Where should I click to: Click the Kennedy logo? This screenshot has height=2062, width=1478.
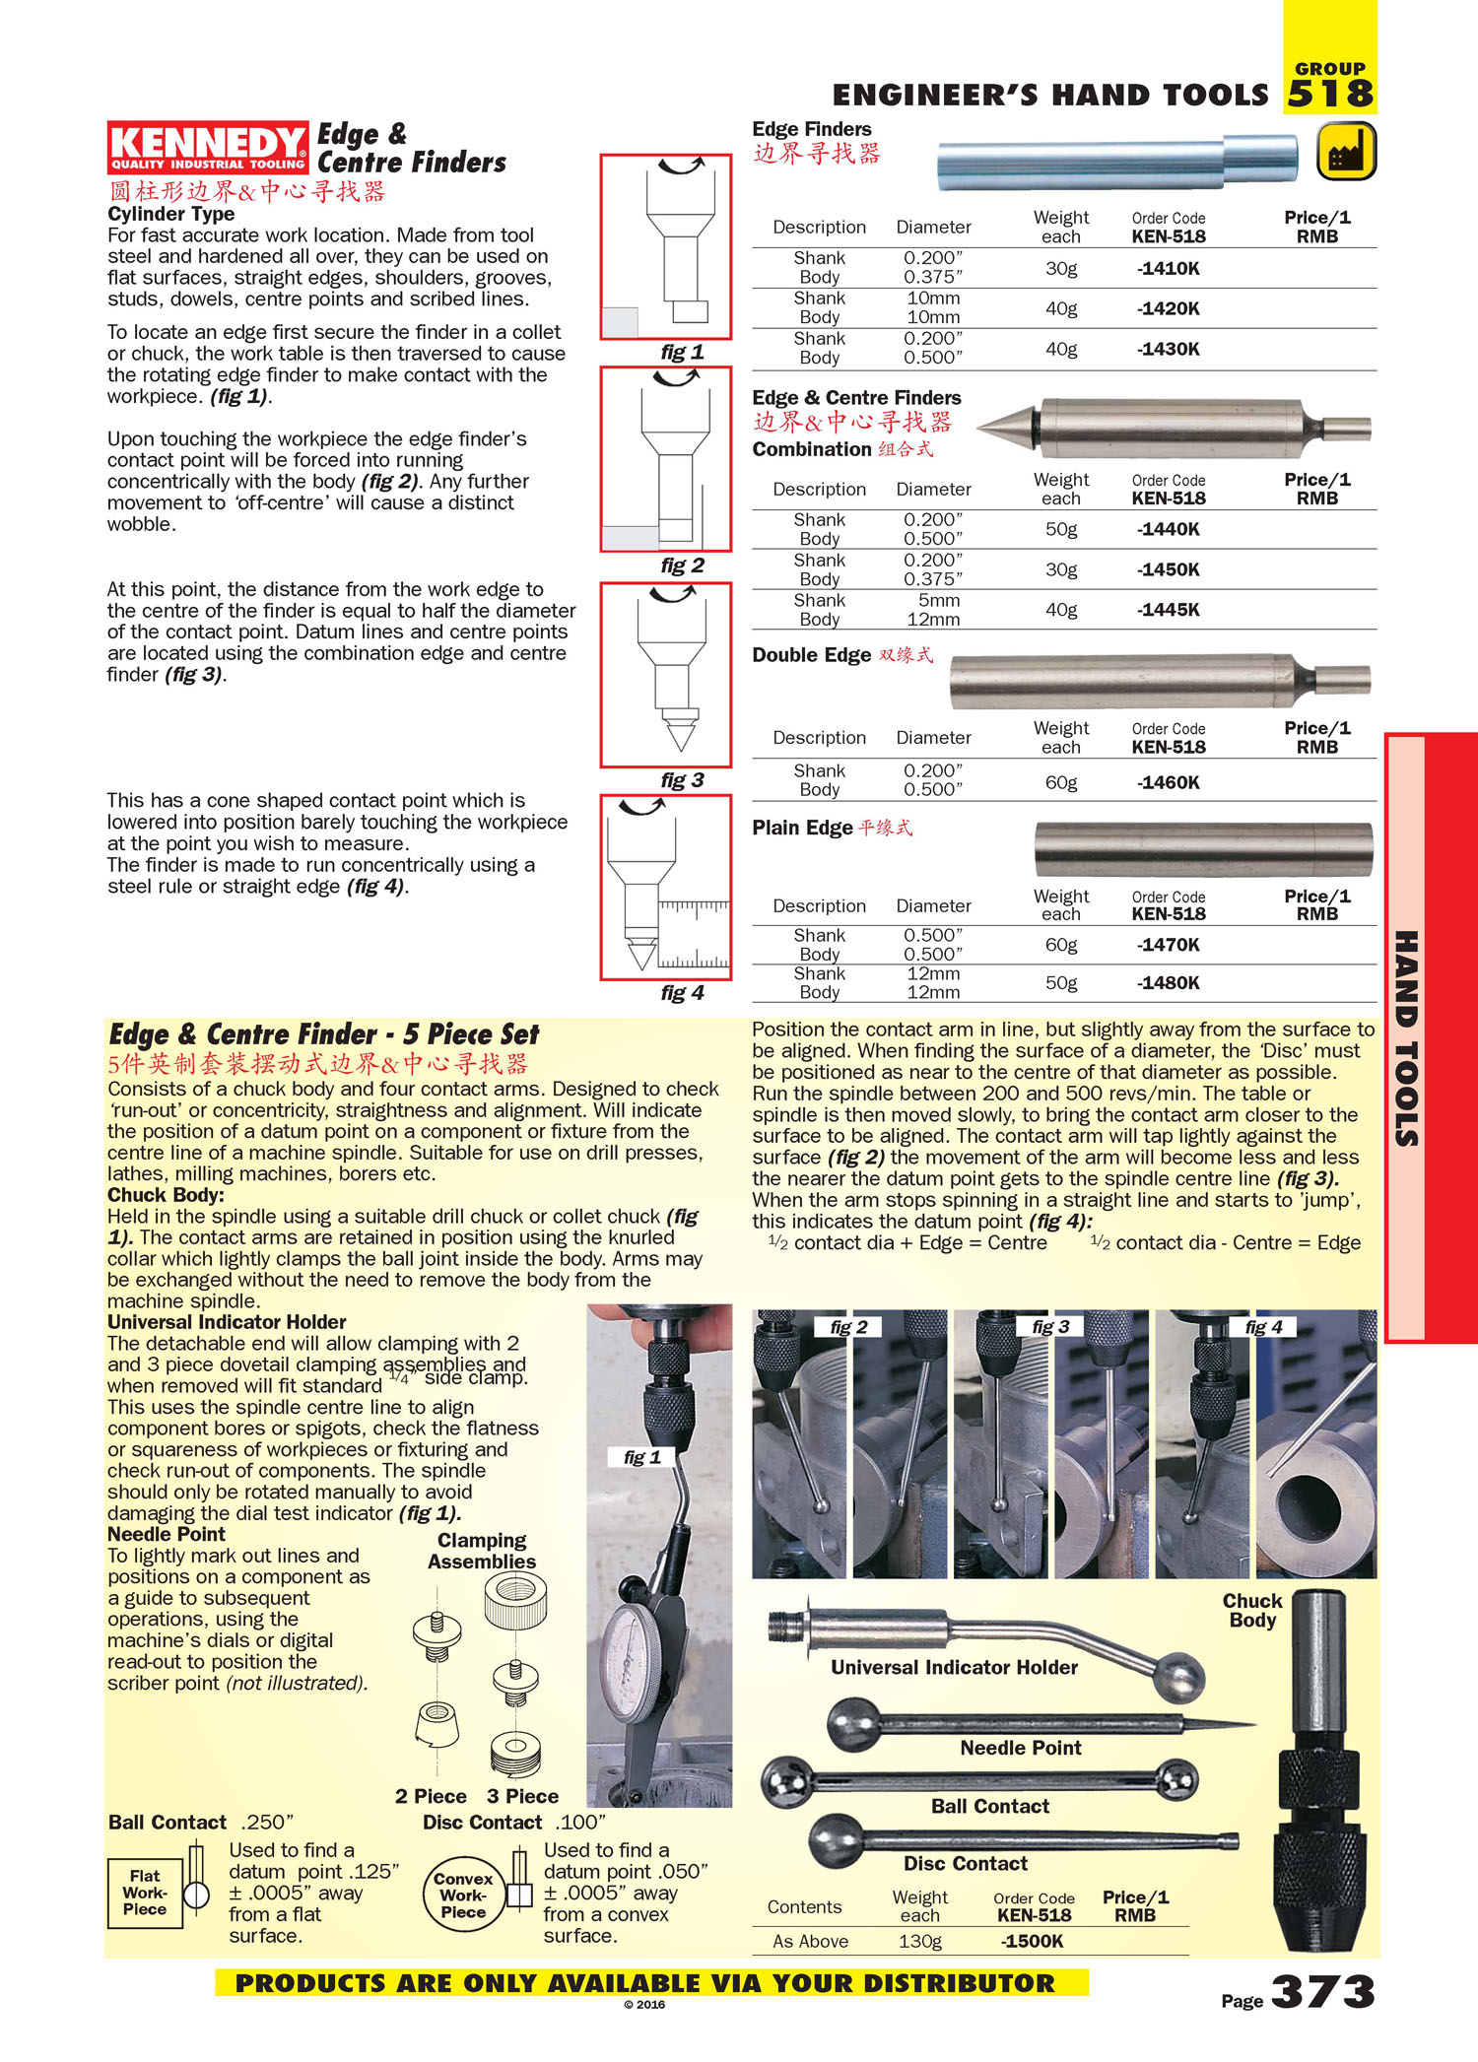tap(207, 148)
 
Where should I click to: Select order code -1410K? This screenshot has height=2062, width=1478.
tap(1169, 268)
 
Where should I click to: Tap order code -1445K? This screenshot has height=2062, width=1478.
tap(1169, 610)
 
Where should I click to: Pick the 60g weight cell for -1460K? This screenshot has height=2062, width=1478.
tap(1061, 782)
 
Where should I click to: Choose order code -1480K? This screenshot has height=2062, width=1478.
tap(1169, 982)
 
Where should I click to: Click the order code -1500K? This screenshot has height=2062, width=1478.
tap(1032, 1941)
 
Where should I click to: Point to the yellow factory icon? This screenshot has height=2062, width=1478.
tap(1346, 152)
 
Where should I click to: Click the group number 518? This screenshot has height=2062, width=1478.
tap(1330, 95)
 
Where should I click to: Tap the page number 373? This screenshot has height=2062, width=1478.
tap(1322, 1992)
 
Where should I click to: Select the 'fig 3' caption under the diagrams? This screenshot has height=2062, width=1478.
tap(682, 780)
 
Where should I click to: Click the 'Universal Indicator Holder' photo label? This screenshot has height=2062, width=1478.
tap(954, 1667)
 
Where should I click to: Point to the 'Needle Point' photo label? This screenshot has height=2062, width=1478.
tap(1021, 1748)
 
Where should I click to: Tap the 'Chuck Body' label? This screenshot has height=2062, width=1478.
tap(1252, 1610)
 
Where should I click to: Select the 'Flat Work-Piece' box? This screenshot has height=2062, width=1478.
tap(145, 1893)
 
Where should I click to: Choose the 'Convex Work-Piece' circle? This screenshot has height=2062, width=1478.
tap(463, 1895)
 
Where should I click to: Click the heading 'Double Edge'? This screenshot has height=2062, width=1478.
tap(811, 655)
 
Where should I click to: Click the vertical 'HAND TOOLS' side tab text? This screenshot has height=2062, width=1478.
tap(1406, 1038)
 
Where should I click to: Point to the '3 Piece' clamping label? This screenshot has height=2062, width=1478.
tap(522, 1796)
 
